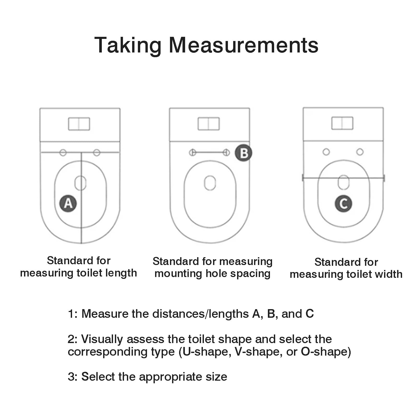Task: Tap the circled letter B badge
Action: coord(244,153)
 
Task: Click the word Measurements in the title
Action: coord(244,45)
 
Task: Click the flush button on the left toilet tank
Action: coord(79,124)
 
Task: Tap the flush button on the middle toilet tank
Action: coord(209,124)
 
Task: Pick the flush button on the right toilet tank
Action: coord(342,123)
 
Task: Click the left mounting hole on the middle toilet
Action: coord(192,152)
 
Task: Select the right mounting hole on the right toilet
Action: coord(360,152)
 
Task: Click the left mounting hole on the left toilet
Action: coord(63,152)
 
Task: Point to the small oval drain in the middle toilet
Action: coord(210,182)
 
